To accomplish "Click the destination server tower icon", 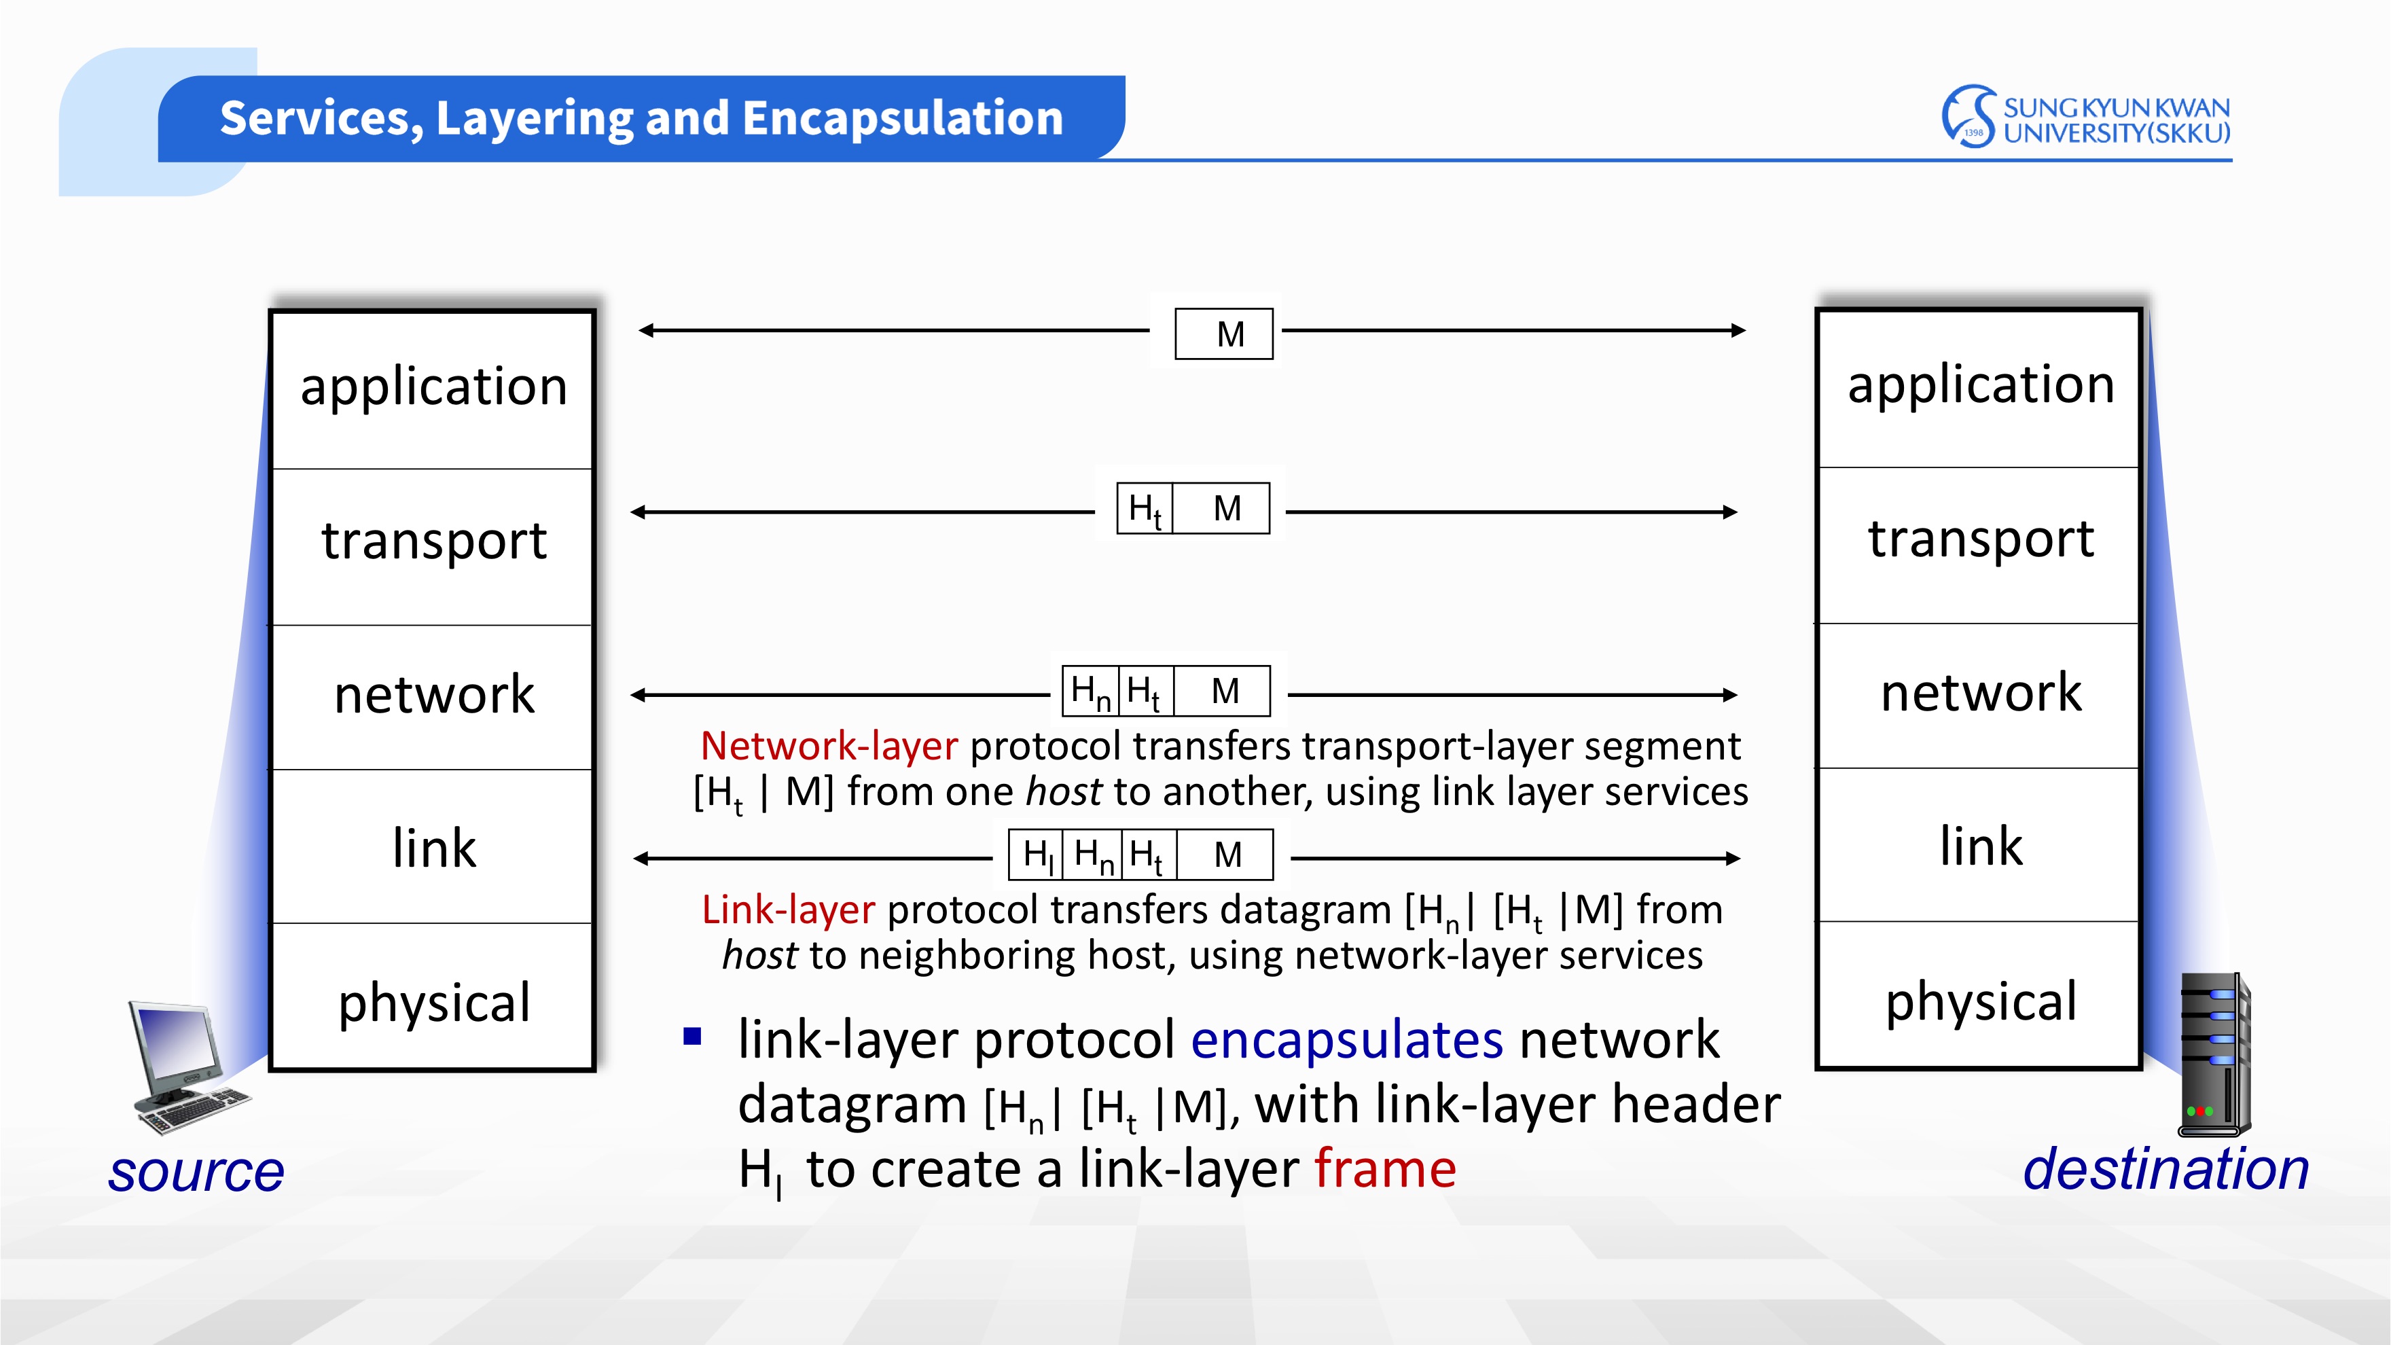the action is (x=2214, y=1054).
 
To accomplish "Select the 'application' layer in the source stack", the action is (x=433, y=387).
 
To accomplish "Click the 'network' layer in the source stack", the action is (x=433, y=694).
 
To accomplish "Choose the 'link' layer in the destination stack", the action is (x=1980, y=846).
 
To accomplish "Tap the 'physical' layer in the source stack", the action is (x=433, y=1003).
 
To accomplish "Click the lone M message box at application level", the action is (x=1224, y=334).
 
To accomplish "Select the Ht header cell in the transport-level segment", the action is (x=1145, y=509).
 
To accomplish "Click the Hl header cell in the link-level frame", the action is (x=1037, y=855).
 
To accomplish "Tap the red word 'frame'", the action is (x=1385, y=1168).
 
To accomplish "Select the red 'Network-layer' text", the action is (x=829, y=747).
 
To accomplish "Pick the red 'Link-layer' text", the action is (x=788, y=910).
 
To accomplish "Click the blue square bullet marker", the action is (x=692, y=1037).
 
